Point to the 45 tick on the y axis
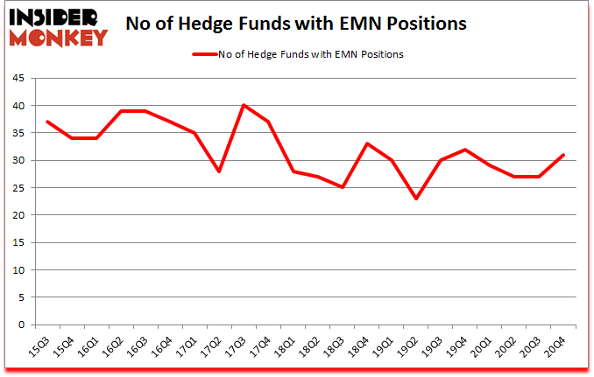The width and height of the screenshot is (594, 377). (x=18, y=79)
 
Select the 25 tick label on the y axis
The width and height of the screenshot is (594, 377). (x=18, y=188)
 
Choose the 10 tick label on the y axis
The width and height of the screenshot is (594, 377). (x=18, y=270)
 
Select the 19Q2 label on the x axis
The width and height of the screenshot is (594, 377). (x=410, y=348)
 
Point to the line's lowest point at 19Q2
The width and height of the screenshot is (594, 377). (x=416, y=199)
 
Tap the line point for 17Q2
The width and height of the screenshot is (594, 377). (x=219, y=171)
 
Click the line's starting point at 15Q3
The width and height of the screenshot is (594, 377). (x=46, y=122)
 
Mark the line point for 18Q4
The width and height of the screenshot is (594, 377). (x=367, y=144)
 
